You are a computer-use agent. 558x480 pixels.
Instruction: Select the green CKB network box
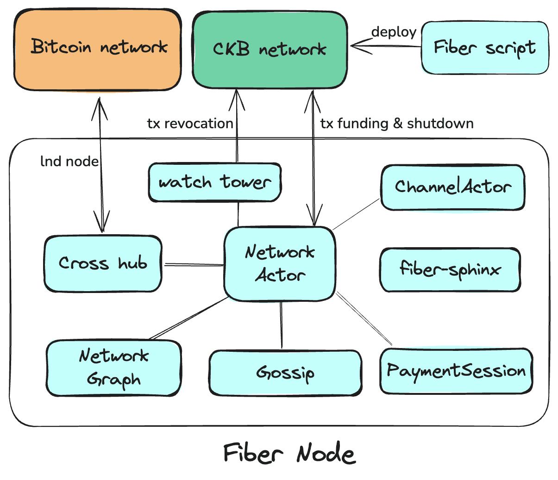point(270,50)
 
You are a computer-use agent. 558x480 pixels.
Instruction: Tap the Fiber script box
point(484,48)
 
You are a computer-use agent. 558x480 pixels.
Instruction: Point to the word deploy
point(394,32)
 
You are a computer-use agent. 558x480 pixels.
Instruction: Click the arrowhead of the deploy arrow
point(354,45)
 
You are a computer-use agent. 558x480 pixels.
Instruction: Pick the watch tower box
point(214,182)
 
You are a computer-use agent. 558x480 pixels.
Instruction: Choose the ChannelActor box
point(452,187)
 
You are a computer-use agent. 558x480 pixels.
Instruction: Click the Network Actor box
point(280,264)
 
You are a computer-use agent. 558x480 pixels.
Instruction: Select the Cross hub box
point(103,263)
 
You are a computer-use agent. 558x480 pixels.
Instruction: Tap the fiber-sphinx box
point(450,269)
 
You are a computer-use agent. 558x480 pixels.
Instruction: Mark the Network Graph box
point(113,368)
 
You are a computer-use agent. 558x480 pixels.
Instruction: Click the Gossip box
point(285,373)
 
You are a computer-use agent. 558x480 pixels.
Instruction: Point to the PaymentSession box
point(456,371)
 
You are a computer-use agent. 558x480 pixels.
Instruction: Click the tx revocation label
point(190,124)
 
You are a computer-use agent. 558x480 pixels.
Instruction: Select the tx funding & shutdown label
point(397,124)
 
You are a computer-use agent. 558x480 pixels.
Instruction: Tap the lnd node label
point(69,161)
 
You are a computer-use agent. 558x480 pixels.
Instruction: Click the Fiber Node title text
point(289,453)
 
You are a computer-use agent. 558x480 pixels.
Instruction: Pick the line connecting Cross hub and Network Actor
point(193,265)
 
